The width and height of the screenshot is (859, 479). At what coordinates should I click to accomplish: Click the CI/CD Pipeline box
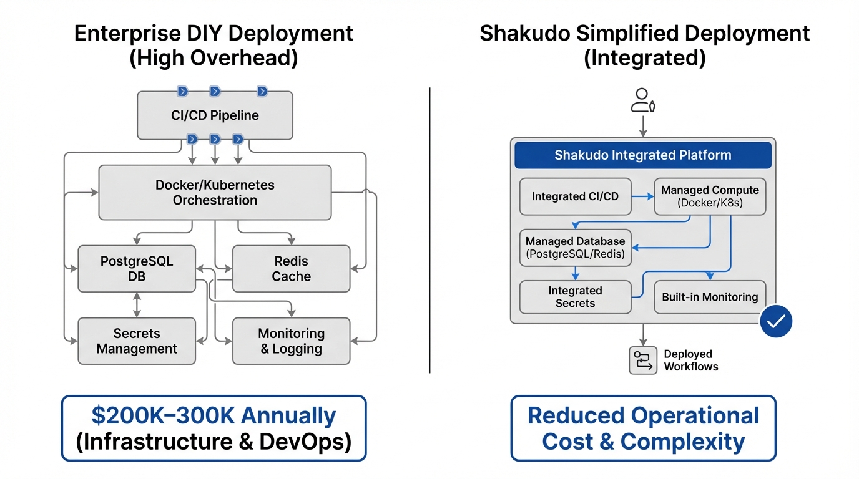click(x=215, y=115)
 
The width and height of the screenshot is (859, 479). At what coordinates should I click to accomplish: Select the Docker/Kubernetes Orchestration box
click(x=215, y=192)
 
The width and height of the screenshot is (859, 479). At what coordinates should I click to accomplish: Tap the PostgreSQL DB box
click(x=137, y=269)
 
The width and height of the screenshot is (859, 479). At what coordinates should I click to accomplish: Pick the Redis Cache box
click(x=291, y=269)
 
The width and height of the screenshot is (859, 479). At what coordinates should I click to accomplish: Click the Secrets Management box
click(x=137, y=341)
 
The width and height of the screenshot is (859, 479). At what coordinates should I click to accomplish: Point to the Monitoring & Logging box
click(x=291, y=341)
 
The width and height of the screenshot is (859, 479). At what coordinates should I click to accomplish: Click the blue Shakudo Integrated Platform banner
click(x=642, y=155)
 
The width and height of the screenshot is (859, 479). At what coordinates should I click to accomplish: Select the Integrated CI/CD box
click(x=575, y=196)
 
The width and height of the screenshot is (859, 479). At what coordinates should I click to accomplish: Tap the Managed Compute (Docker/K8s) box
click(x=710, y=196)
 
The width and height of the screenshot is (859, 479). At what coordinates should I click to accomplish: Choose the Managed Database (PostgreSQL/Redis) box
click(x=575, y=248)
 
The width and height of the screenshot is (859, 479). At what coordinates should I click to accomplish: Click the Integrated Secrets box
click(x=575, y=297)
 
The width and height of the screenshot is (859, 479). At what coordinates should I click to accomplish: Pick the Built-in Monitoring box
click(x=710, y=297)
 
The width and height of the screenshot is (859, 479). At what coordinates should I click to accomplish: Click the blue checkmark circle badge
click(x=776, y=321)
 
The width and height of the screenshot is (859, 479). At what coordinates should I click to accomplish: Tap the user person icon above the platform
click(x=642, y=100)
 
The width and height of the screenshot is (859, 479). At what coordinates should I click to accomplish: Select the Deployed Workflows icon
click(x=642, y=360)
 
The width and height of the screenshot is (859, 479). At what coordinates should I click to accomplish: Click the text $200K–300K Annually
click(x=214, y=415)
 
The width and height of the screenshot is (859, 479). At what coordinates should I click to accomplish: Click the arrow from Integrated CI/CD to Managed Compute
click(x=642, y=196)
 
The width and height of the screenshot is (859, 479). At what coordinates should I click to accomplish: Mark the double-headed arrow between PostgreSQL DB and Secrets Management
click(x=137, y=305)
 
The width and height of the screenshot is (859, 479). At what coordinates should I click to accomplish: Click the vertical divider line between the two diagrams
click(x=430, y=231)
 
